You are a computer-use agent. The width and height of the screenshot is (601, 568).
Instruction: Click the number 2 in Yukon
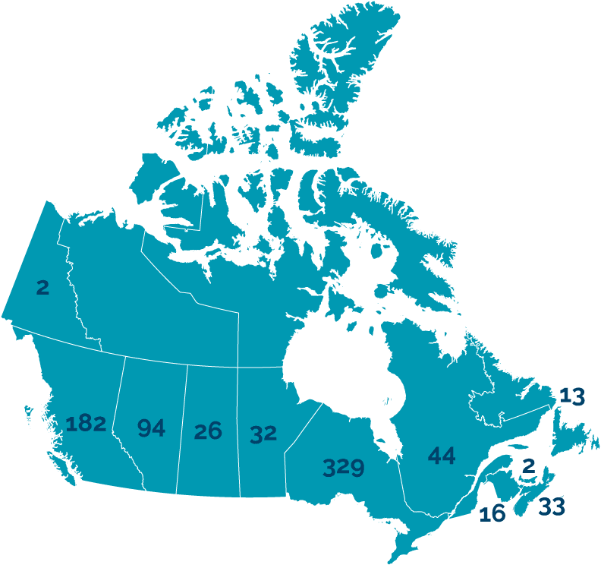click(42, 287)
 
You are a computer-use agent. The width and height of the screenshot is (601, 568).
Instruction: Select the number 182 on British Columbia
click(85, 424)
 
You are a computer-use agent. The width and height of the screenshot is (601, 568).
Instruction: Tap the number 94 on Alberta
click(151, 428)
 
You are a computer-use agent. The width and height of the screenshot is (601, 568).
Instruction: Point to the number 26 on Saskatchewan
click(207, 431)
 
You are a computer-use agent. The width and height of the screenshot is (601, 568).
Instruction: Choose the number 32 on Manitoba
click(263, 434)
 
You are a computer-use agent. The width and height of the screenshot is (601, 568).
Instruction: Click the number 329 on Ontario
click(343, 467)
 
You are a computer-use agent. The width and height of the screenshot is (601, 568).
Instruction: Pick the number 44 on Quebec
click(441, 456)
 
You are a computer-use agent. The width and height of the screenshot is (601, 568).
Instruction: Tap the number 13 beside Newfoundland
click(571, 396)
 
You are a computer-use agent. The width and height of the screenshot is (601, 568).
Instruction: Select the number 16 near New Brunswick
click(492, 514)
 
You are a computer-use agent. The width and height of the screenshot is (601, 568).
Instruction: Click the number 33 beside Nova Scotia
click(551, 506)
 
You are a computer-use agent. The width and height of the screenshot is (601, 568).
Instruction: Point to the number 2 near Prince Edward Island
click(529, 465)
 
